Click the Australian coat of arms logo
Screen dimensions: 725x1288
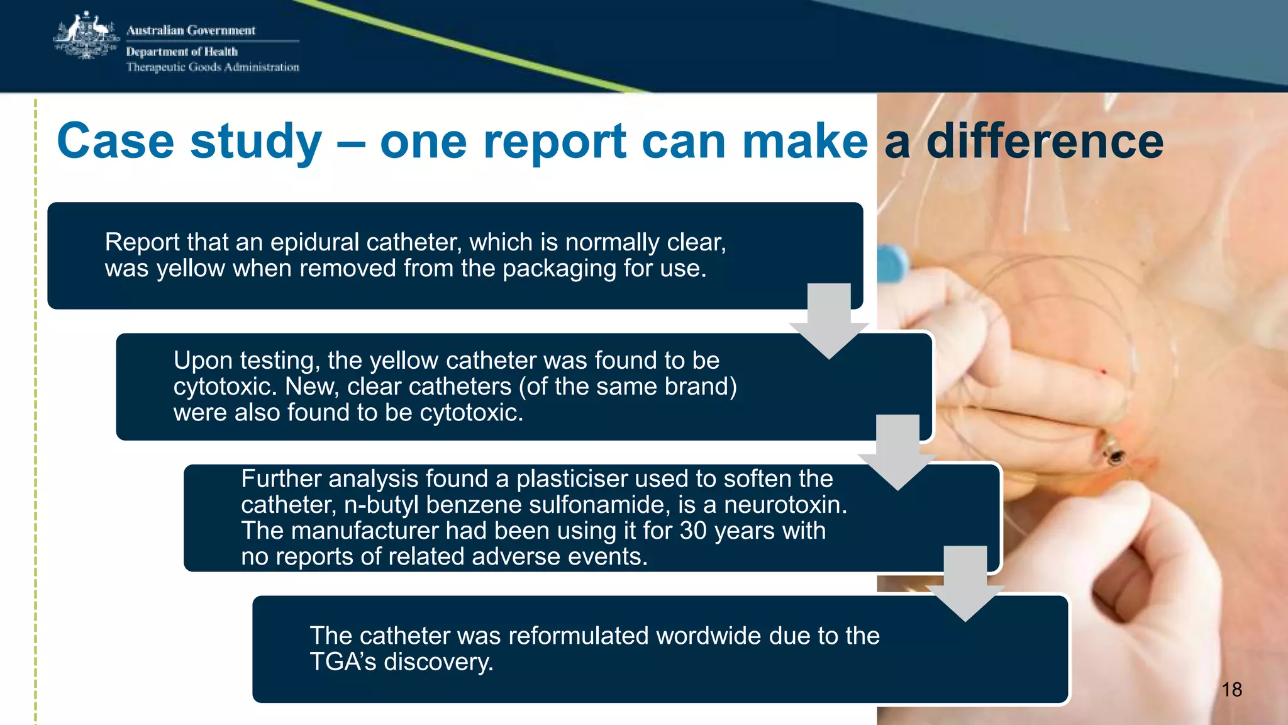tap(86, 37)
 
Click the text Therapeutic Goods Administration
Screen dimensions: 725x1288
tap(213, 67)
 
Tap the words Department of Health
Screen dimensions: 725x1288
tap(182, 52)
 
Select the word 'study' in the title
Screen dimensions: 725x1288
tap(256, 142)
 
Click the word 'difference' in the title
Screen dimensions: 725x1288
tap(1045, 142)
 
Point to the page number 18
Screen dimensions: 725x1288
tap(1231, 690)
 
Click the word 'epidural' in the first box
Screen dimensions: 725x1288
tap(314, 242)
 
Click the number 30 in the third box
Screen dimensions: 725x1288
tap(693, 531)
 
